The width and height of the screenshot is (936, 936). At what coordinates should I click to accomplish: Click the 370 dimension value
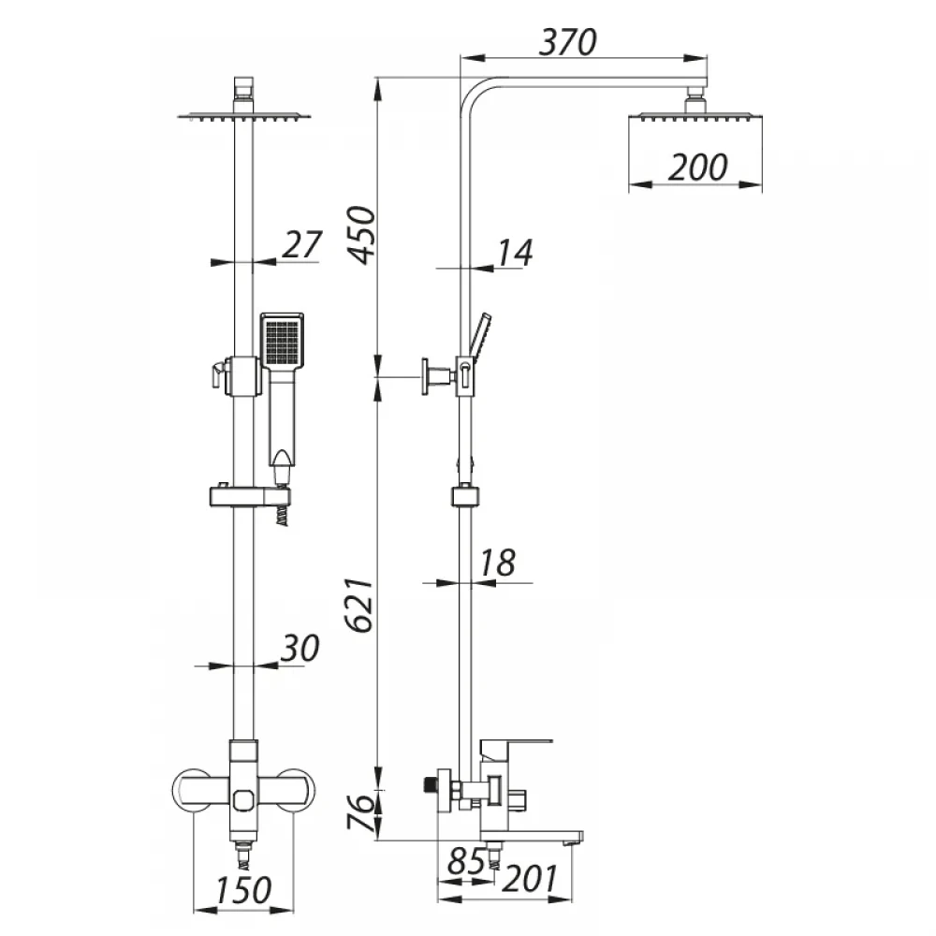pos(568,42)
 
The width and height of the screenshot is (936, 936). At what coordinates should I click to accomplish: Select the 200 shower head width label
pos(697,168)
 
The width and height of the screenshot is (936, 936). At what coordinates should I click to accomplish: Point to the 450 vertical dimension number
pos(362,235)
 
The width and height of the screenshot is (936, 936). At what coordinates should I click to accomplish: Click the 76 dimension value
pos(362,812)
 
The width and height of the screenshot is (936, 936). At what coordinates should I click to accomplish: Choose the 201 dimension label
pos(530,879)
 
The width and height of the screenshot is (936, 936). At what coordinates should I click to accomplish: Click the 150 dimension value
pos(243,890)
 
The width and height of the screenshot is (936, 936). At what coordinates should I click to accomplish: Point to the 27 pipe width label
pos(302,243)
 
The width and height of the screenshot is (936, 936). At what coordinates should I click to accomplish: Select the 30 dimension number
pos(300,648)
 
